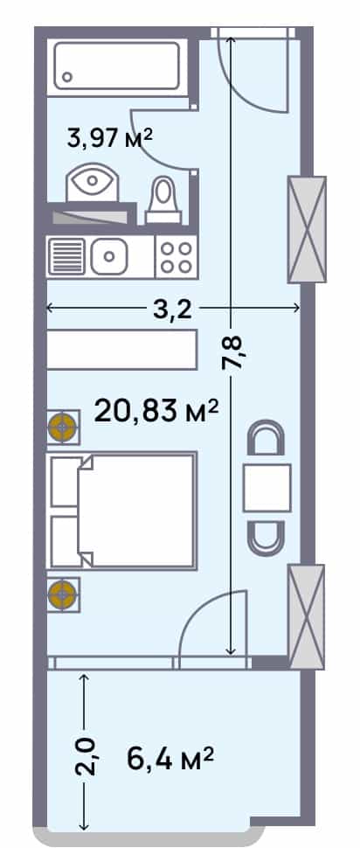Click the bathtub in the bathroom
117,66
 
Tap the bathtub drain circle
67,76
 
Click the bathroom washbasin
92,183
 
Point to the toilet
163,201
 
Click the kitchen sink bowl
108,255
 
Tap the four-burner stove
177,257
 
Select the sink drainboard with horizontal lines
67,256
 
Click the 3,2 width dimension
173,309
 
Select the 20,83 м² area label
156,412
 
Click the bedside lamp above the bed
63,427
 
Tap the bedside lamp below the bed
63,594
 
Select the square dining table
267,488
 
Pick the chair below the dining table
266,538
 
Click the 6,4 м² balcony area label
170,758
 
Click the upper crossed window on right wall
307,230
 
